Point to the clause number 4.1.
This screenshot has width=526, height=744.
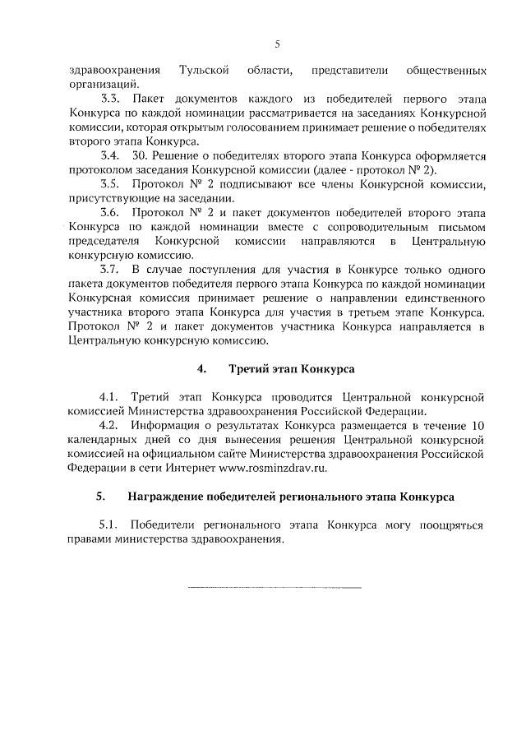pos(109,397)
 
